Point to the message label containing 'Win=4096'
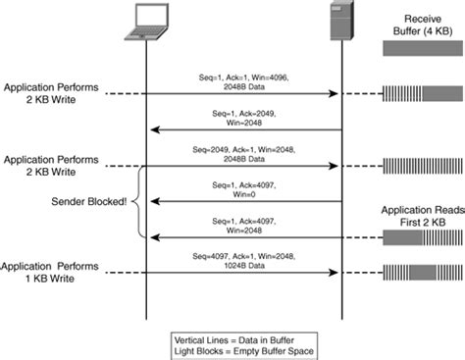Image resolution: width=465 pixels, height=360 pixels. pyautogui.click(x=242, y=78)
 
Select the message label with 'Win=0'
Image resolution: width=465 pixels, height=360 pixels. pyautogui.click(x=242, y=187)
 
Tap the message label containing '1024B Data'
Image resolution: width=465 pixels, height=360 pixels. pyautogui.click(x=242, y=260)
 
